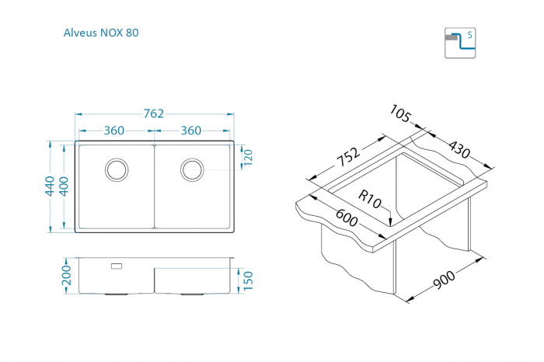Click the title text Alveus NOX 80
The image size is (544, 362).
coord(101,33)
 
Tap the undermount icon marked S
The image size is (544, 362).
coord(460,43)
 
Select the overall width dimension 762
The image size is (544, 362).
coord(153,113)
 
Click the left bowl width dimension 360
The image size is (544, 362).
coord(113,131)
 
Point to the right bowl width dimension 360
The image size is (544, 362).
coord(191,131)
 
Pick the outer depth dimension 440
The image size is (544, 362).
coord(50,186)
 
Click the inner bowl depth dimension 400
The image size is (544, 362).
coord(64,186)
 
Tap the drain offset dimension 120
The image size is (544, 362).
coord(248,158)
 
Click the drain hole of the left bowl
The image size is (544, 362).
coord(117,170)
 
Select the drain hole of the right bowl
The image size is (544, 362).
coord(192,170)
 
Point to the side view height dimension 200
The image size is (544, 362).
coord(66,275)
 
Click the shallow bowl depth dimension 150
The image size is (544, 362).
coord(248,280)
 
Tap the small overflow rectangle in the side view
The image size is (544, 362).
coord(117,266)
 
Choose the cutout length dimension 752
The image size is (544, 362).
coord(348,157)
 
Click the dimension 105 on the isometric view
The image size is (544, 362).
coord(400,113)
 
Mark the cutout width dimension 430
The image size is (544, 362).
coord(459,149)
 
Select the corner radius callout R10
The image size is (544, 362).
coord(369,199)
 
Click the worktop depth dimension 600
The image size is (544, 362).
coord(347,218)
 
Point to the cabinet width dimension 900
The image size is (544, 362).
coord(444,280)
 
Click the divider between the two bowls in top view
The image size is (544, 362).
coord(154,186)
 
